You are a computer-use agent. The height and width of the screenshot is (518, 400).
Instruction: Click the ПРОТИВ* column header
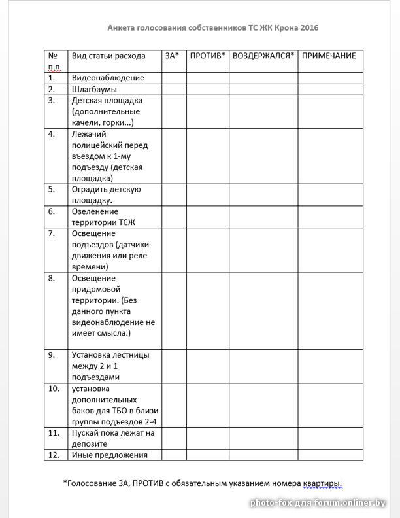tap(207, 56)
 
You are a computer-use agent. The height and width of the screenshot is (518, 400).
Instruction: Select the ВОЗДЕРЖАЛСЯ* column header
tap(263, 56)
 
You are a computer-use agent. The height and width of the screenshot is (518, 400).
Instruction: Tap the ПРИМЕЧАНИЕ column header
tap(329, 56)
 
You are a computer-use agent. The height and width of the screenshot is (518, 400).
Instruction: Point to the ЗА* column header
tap(172, 56)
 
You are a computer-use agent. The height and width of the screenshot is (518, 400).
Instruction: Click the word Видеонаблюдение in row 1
tap(108, 78)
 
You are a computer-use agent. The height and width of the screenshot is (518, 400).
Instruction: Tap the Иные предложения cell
tap(109, 455)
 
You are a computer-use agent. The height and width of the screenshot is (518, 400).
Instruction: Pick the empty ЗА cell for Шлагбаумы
tap(174, 89)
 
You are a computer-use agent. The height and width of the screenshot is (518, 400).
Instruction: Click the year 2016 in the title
tap(310, 28)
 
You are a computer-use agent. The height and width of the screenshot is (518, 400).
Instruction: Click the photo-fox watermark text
tap(318, 503)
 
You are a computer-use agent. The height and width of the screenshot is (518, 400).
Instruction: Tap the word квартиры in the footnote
tap(322, 483)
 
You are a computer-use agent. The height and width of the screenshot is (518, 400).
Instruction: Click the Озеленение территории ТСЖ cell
tap(95, 216)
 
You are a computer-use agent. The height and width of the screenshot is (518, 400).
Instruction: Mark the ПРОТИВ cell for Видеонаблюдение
tap(207, 78)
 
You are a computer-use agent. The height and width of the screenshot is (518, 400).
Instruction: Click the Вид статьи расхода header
tap(108, 56)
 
